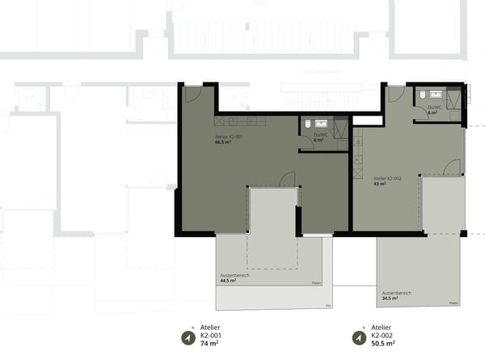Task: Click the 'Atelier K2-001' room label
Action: (x=229, y=137)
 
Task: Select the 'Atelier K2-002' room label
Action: (x=388, y=177)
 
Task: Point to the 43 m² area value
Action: (x=380, y=184)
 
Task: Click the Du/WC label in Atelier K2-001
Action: (x=321, y=134)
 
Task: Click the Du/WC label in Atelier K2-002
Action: (x=434, y=107)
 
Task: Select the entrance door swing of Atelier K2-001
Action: (x=194, y=94)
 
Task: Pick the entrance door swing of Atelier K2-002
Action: (x=395, y=94)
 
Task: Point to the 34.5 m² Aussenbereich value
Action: (x=390, y=298)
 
